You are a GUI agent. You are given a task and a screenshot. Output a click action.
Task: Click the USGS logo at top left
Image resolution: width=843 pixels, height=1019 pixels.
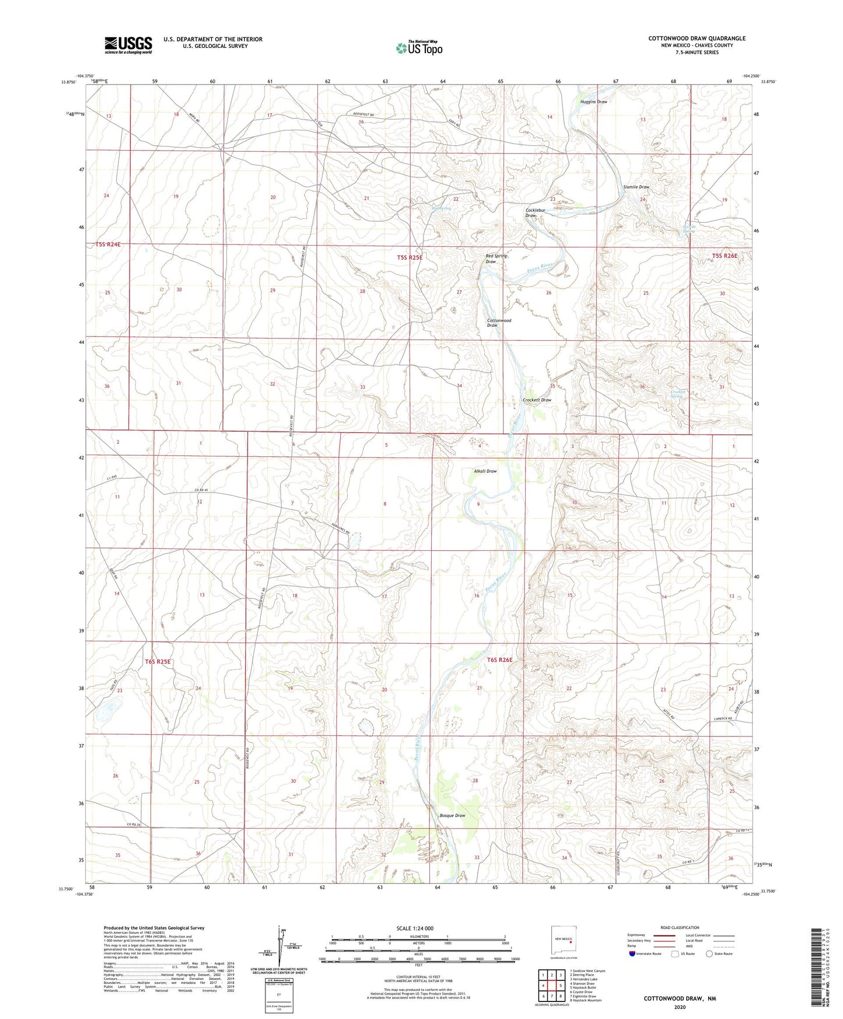coord(128,45)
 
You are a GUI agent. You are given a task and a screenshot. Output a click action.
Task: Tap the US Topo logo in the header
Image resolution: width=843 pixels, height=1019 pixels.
coord(418,48)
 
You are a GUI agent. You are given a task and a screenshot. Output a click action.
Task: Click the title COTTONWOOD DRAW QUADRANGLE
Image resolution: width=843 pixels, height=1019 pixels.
coord(697,39)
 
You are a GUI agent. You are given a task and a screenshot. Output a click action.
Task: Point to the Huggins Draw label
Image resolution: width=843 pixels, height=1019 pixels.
coord(593,102)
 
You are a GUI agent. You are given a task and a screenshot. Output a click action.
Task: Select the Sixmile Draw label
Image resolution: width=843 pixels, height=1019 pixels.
coord(636,187)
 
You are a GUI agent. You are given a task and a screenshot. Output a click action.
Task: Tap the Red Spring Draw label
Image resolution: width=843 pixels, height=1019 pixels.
coord(496,259)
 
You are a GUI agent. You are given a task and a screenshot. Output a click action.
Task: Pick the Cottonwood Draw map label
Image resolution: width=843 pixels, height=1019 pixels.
coord(499,323)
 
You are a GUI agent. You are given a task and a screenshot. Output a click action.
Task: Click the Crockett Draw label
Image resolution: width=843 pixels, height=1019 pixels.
coord(537,400)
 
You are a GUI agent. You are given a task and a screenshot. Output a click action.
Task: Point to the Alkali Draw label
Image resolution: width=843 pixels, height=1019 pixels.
coord(485,471)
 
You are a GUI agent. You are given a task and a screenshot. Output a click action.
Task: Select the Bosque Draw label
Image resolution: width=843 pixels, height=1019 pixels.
coord(452,815)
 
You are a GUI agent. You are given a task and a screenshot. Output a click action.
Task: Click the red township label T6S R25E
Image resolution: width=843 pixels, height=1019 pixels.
coord(158,661)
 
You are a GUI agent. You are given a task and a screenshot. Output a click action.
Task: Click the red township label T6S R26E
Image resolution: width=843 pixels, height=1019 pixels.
coord(499,660)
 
